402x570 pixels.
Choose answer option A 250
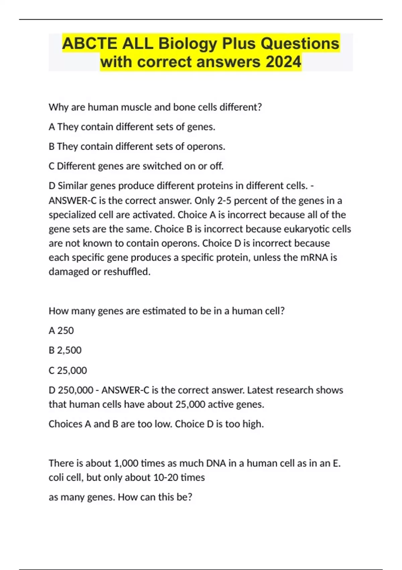click(61, 331)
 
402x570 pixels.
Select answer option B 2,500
click(65, 350)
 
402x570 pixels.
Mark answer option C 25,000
click(68, 370)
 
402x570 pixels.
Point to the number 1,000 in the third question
click(126, 463)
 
